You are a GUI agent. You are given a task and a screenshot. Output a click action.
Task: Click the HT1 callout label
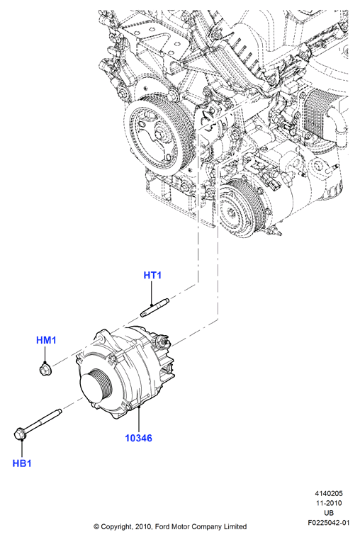152,276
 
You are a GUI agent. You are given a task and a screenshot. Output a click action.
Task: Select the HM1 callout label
46,341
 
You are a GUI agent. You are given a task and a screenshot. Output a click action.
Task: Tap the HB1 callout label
22,463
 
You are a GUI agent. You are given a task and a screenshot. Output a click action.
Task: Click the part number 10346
138,438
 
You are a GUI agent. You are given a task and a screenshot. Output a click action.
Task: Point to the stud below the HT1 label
154,309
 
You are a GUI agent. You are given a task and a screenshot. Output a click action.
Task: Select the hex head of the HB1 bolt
20,434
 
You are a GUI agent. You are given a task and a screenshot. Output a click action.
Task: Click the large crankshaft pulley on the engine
157,134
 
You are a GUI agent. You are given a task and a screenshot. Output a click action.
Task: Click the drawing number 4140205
328,493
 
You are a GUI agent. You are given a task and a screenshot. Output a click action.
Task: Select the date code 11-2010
329,503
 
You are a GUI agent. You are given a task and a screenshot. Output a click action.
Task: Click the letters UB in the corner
329,513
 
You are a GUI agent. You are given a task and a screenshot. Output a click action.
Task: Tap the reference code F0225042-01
329,522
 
